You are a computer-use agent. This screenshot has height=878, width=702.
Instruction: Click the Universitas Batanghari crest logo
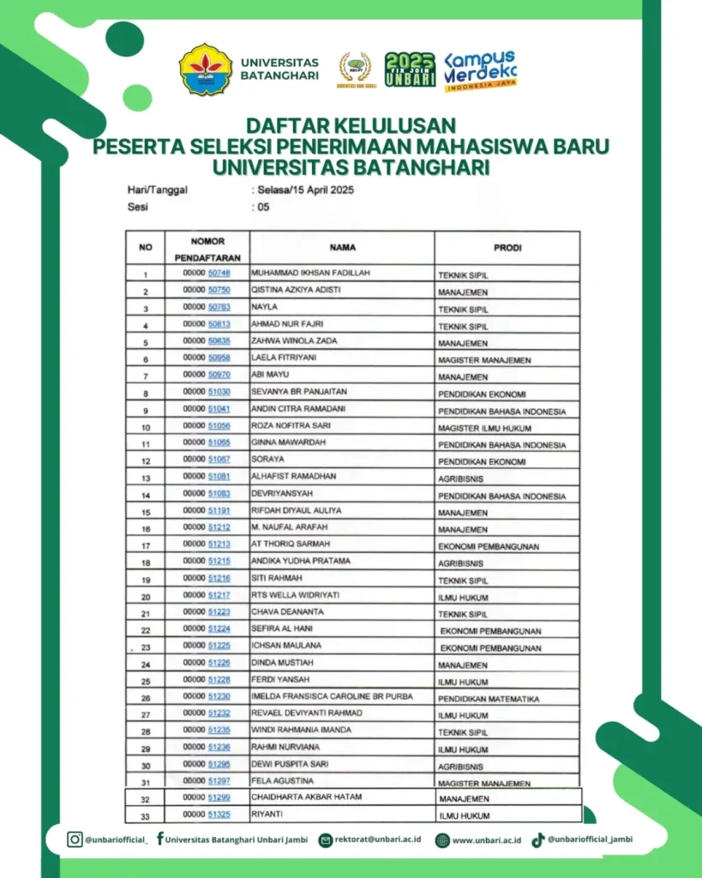coord(205,69)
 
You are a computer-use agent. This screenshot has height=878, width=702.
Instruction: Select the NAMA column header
coord(342,248)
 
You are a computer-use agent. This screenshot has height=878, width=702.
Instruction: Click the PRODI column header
coord(507,248)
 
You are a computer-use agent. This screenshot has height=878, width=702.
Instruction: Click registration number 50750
coord(219,291)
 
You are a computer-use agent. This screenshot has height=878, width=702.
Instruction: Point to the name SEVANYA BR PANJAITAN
coord(291,392)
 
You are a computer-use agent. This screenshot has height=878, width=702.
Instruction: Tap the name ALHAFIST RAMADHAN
coord(293,477)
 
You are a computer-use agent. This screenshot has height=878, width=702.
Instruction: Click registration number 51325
coord(219,815)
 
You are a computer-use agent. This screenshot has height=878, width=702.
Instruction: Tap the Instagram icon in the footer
coord(75,839)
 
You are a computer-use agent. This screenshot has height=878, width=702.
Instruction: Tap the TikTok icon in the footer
coord(538,839)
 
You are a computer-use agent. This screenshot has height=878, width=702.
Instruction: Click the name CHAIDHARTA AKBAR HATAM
coord(306,797)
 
